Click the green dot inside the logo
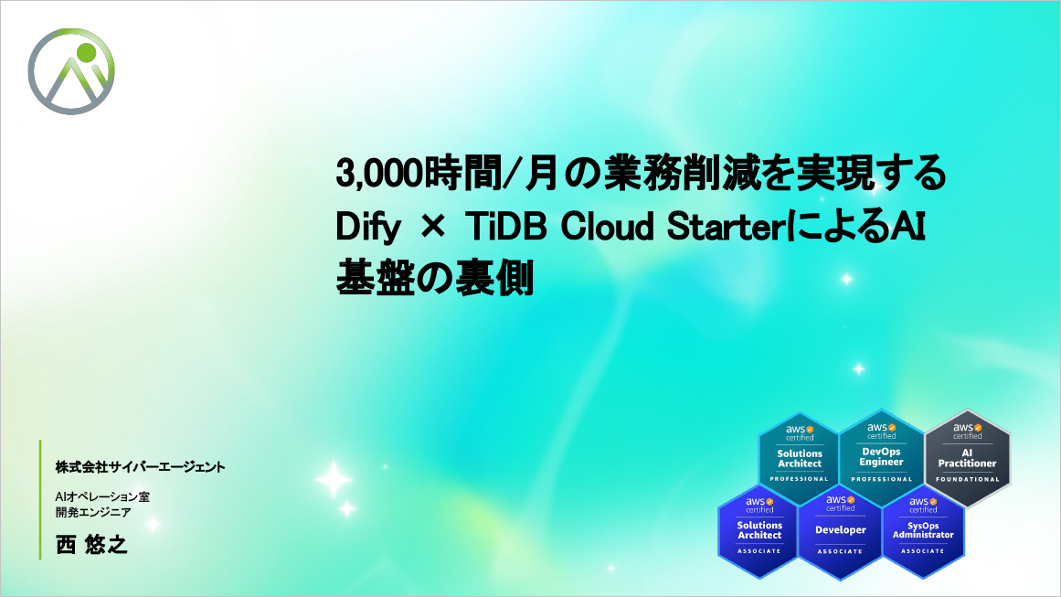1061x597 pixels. (87, 52)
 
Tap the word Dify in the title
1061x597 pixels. (368, 228)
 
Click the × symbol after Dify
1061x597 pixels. (433, 227)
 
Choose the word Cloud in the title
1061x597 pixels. (607, 227)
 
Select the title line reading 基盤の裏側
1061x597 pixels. (435, 278)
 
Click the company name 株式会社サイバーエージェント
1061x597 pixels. (140, 467)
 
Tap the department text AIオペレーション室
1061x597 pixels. (103, 496)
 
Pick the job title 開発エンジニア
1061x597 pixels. (93, 512)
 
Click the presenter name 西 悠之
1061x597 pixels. (91, 545)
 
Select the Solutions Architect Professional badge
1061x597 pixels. (799, 455)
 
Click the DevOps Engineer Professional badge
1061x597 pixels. (882, 453)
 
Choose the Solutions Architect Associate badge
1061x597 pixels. (759, 530)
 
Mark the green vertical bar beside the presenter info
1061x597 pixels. (40, 499)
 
